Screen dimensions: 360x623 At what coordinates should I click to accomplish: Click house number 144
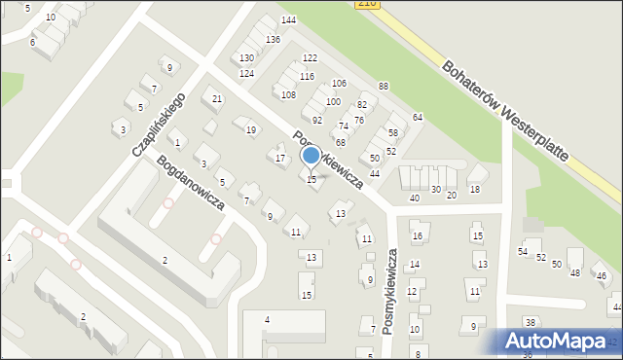click(288, 20)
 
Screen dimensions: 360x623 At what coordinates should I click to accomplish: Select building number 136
click(273, 39)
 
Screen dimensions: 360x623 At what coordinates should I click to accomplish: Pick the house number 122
click(310, 58)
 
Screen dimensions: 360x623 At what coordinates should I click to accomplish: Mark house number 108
click(288, 94)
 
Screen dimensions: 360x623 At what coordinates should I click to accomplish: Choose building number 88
click(384, 87)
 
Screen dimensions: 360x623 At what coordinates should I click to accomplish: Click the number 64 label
click(418, 117)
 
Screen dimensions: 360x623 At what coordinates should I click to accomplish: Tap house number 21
click(217, 99)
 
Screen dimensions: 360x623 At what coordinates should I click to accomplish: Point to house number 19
click(251, 129)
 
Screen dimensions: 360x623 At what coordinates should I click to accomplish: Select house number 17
click(280, 158)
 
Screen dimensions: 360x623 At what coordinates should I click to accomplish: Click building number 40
click(415, 198)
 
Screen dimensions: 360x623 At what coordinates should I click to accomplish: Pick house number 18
click(475, 190)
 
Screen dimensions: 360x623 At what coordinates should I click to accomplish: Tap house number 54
click(523, 252)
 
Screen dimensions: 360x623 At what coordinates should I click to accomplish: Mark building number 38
click(530, 322)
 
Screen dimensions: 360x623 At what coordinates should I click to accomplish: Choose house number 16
click(416, 235)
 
